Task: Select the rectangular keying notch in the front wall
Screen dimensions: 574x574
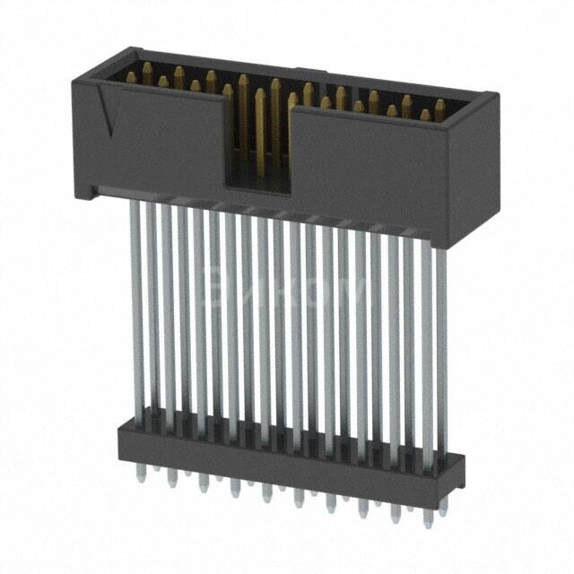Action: (257, 143)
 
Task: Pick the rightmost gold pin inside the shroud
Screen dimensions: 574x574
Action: (439, 109)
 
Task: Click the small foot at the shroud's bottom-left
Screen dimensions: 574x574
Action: (90, 190)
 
